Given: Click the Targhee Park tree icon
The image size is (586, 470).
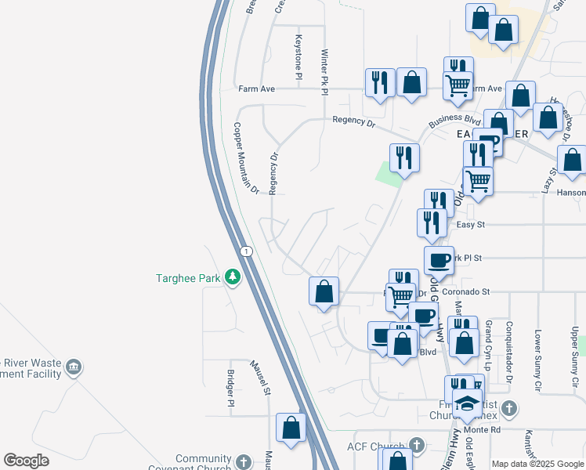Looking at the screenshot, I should (232, 277).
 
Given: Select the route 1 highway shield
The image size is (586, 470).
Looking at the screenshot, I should (247, 250).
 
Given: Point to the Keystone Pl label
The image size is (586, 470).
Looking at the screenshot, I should (298, 56).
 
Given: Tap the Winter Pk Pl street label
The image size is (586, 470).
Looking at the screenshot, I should (324, 73).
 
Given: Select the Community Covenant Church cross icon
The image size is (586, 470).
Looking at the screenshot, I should (244, 462).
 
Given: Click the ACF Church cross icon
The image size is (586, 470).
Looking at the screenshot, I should (417, 446).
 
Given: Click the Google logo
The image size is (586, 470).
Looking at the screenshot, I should (27, 461).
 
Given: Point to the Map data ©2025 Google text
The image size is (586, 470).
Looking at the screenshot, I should (537, 464).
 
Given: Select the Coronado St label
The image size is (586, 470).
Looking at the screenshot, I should (465, 292).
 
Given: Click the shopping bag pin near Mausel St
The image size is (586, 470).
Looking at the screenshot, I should (291, 428).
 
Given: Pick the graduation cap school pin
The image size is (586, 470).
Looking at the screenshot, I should (468, 403).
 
